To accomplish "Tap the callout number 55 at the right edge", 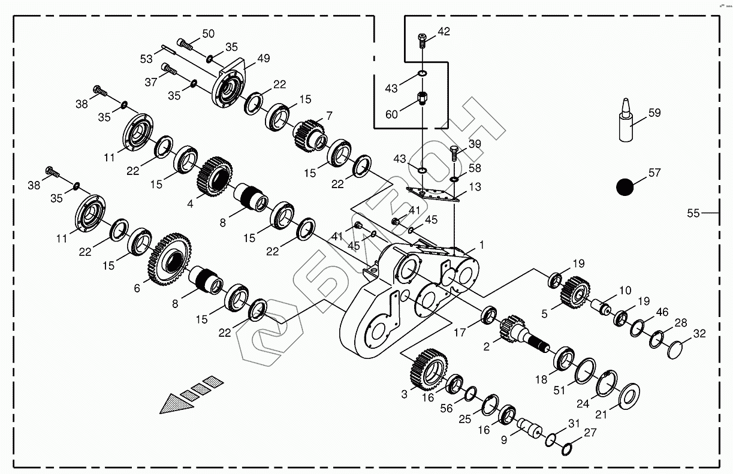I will click(x=693, y=213).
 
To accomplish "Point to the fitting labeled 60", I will click(x=423, y=98).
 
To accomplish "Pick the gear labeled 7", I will click(x=309, y=135).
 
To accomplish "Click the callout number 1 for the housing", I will click(x=481, y=244).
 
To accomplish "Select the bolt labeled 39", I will click(x=454, y=153).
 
